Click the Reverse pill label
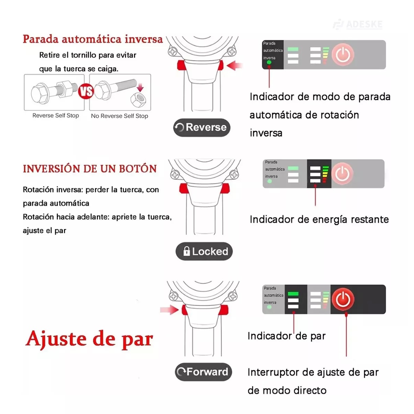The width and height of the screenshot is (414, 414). (x=201, y=127)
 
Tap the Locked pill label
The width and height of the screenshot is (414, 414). (x=204, y=251)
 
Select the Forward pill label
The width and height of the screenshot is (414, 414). (x=203, y=372)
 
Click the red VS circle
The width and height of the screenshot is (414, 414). (x=86, y=91)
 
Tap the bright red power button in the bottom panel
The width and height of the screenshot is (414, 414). (x=343, y=299)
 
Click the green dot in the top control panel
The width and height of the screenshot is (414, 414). (x=269, y=62)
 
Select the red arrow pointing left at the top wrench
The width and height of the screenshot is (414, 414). (x=235, y=66)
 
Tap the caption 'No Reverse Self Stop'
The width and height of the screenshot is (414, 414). (x=119, y=116)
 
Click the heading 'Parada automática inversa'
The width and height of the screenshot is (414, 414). (x=93, y=39)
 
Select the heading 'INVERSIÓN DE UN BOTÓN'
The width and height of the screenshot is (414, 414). (x=90, y=169)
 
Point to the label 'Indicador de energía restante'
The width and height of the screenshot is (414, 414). (x=319, y=220)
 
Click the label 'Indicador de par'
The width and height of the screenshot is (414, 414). (x=287, y=336)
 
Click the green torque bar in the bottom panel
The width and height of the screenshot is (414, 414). (x=293, y=294)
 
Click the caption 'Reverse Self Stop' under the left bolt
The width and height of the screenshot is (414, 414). (x=56, y=116)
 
